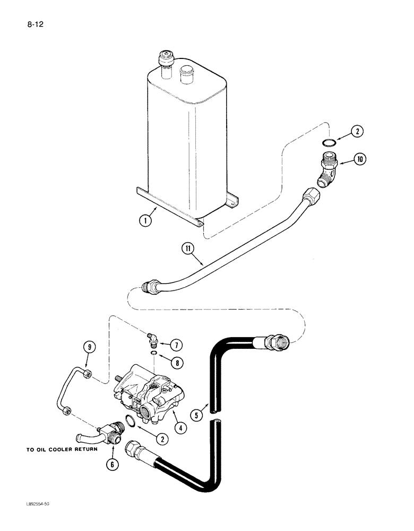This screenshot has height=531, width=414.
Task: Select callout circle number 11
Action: pyautogui.click(x=186, y=248)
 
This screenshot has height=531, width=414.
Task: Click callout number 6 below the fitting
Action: pyautogui.click(x=111, y=464)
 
